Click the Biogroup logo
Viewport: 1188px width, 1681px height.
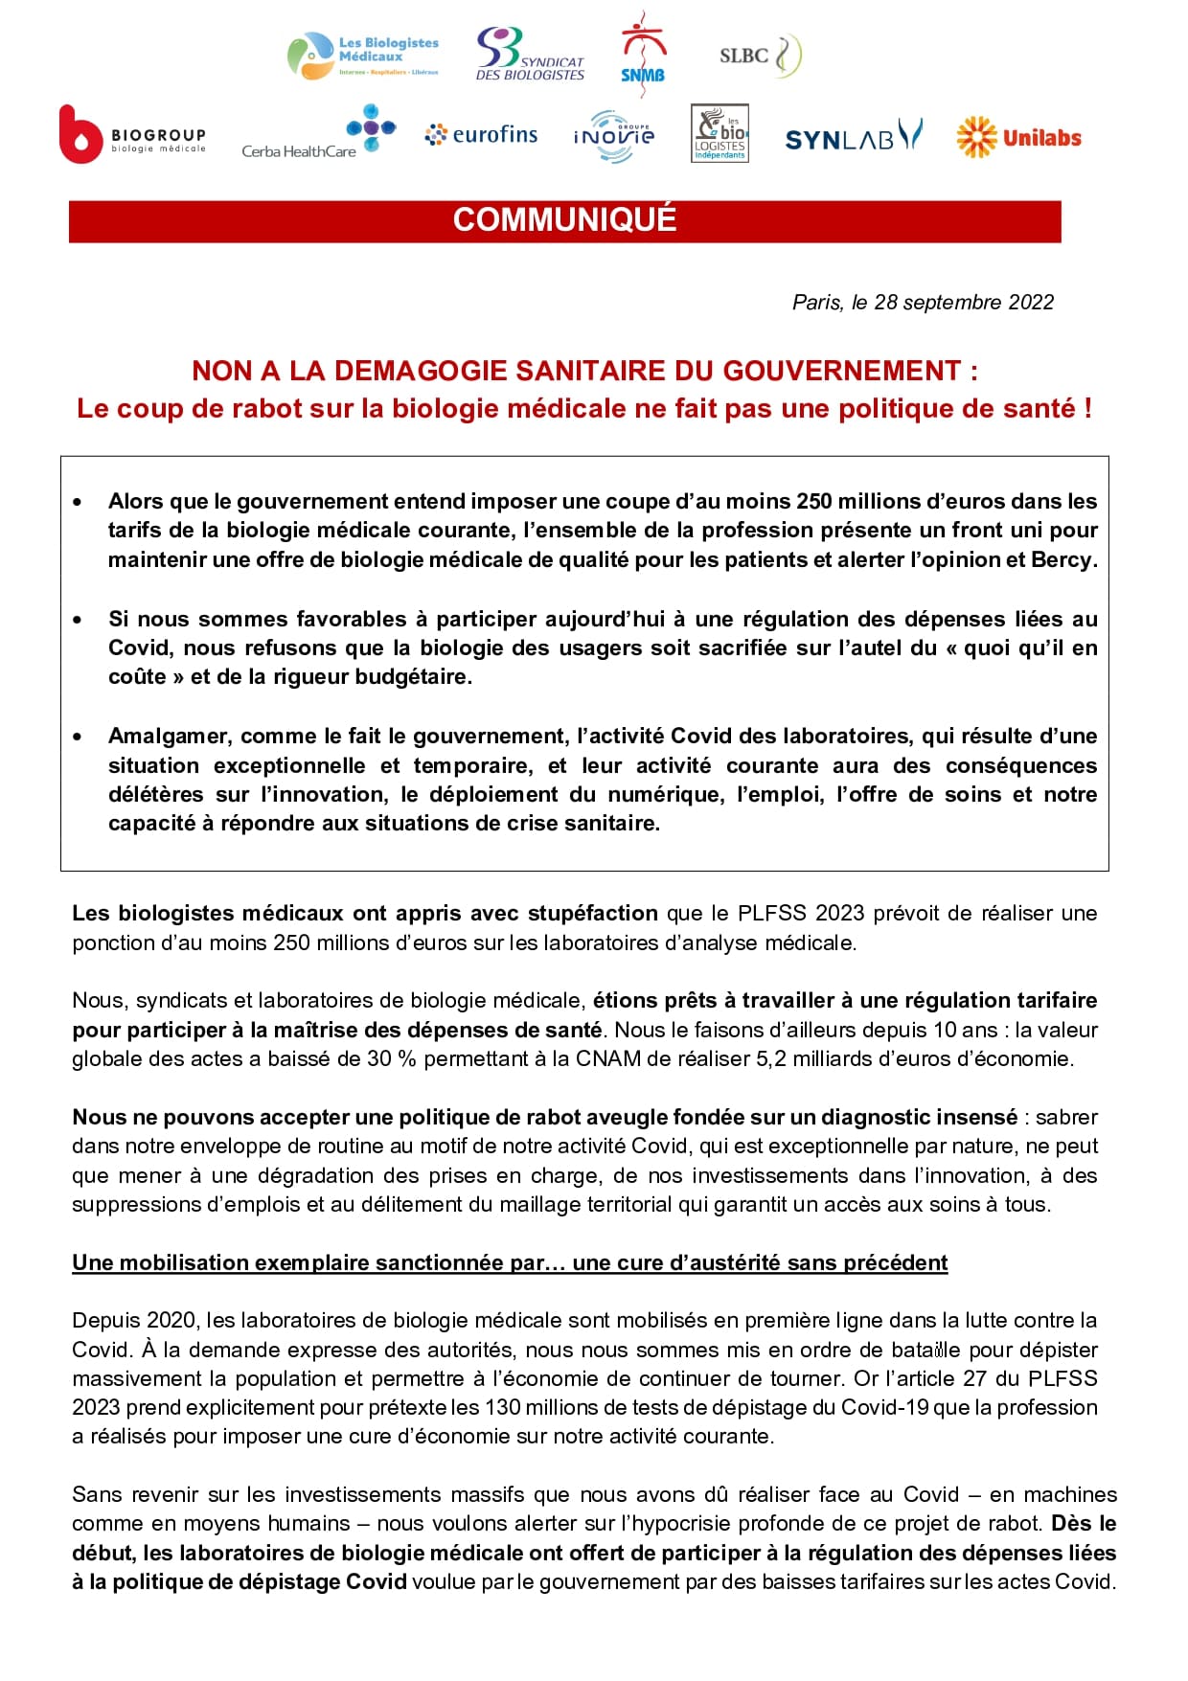[132, 135]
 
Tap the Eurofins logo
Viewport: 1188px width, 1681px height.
[482, 135]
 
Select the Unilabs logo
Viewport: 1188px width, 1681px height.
[1018, 138]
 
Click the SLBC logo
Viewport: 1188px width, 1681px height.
[760, 56]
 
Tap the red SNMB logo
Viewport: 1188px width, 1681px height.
[643, 56]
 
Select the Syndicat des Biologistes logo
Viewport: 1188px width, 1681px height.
[529, 55]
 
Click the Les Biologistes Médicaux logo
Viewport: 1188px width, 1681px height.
[363, 56]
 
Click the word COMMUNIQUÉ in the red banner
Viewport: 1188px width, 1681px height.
[564, 220]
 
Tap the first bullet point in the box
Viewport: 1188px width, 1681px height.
[78, 502]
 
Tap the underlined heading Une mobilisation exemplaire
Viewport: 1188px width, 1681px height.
[510, 1263]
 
